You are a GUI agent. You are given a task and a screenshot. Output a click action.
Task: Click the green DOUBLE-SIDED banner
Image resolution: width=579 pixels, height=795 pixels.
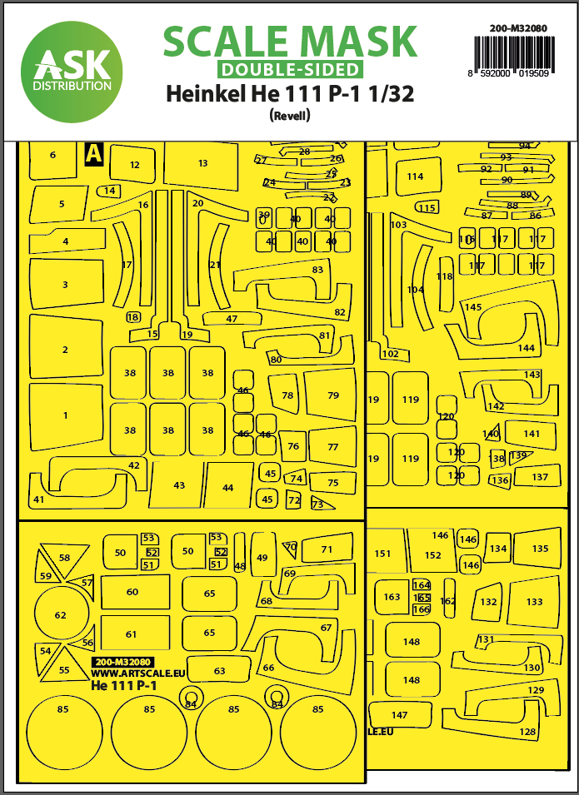coord(289,70)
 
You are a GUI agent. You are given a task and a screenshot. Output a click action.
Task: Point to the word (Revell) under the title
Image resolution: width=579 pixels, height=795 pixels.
coord(290,117)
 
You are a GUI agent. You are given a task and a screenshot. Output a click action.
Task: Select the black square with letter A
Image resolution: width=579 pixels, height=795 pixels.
coord(93,154)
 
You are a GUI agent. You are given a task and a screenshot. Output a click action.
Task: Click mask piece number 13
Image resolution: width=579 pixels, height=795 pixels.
coord(202,164)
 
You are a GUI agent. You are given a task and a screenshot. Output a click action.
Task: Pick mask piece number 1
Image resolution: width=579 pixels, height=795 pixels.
coord(65,415)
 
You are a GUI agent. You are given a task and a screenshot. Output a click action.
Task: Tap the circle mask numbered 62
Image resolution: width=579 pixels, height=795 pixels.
coord(60,615)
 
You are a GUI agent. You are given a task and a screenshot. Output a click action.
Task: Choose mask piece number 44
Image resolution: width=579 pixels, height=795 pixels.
coord(227,487)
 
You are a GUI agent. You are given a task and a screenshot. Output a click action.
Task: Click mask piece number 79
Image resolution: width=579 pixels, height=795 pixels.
coord(332,395)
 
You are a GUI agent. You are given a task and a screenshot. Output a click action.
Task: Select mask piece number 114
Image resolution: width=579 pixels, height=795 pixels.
coord(415,176)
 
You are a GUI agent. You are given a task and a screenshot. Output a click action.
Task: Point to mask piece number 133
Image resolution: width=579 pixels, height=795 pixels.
coord(534,601)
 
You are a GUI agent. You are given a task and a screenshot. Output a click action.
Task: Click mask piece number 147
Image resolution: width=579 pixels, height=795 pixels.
coord(400,714)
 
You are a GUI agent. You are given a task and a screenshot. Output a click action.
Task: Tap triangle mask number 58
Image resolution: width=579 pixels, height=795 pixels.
coord(63,556)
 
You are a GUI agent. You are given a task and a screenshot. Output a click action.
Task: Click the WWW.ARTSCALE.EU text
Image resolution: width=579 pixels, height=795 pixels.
coord(126,673)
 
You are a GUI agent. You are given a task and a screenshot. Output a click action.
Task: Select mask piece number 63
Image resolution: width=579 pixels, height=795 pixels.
coord(219,670)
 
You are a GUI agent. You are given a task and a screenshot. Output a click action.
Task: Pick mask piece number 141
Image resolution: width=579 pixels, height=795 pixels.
coord(532,434)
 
